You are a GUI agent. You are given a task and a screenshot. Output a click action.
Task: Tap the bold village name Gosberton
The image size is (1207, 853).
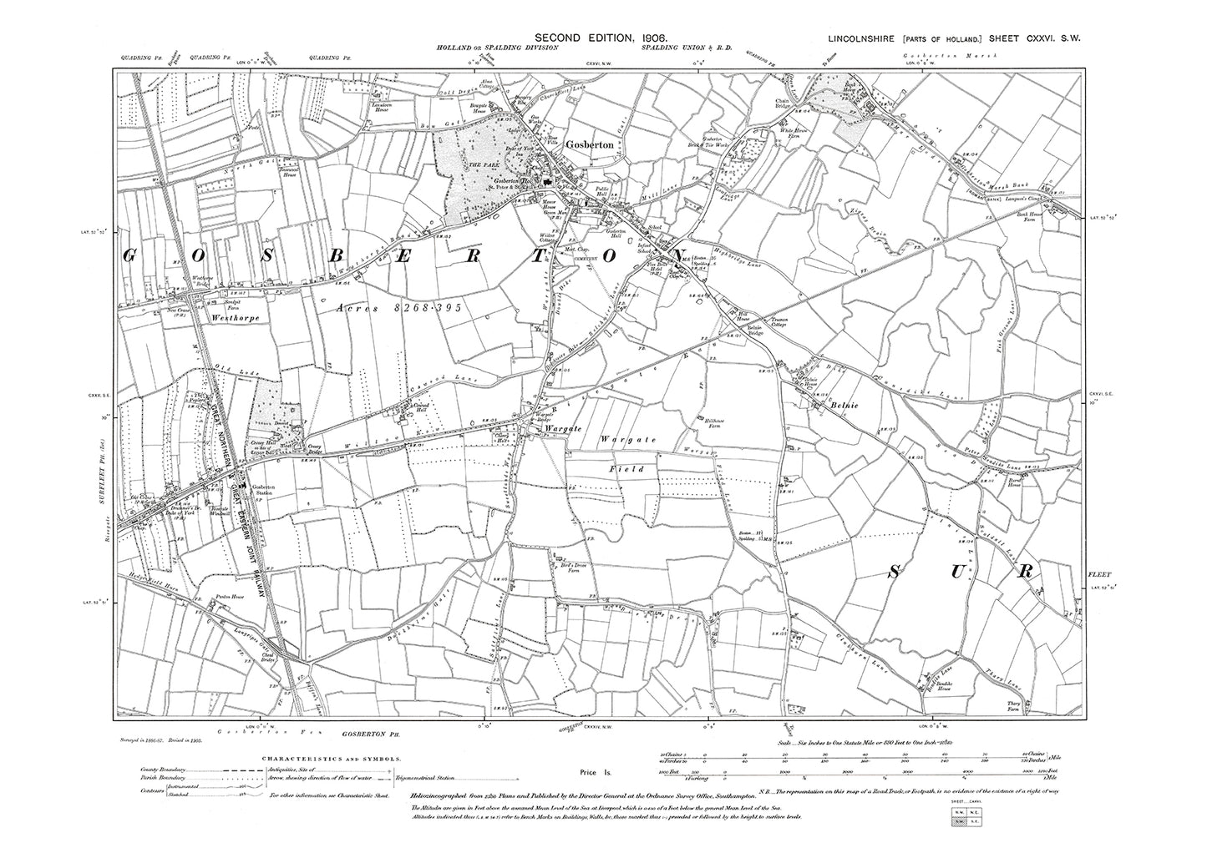click(x=591, y=144)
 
